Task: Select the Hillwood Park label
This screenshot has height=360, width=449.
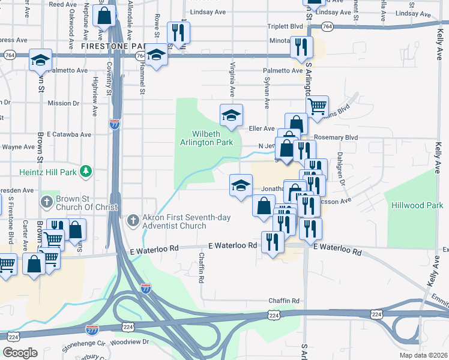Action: (x=417, y=206)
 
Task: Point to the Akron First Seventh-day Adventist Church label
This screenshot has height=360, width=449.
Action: (x=175, y=222)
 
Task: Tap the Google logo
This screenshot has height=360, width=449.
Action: (x=19, y=353)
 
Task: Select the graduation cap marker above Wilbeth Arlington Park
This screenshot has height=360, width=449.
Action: (x=231, y=115)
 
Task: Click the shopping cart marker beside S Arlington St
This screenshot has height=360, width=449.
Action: (x=316, y=107)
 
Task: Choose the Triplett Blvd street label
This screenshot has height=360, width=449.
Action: (x=285, y=27)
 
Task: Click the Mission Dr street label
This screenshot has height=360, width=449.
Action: (x=59, y=103)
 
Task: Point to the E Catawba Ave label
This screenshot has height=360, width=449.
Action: (x=68, y=134)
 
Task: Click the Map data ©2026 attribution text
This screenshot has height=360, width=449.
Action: (x=424, y=355)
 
